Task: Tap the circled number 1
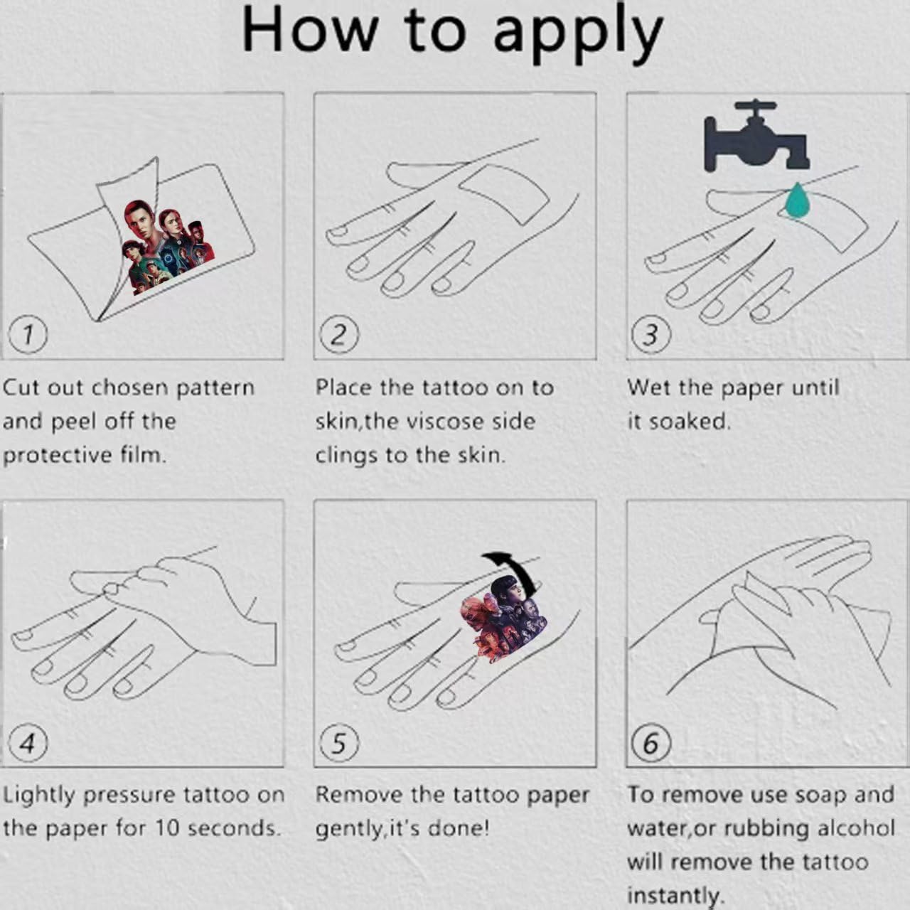click(x=28, y=335)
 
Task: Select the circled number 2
click(x=339, y=335)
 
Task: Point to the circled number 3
click(x=651, y=335)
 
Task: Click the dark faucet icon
click(x=756, y=137)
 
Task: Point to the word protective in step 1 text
click(x=58, y=456)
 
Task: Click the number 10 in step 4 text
click(x=169, y=830)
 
